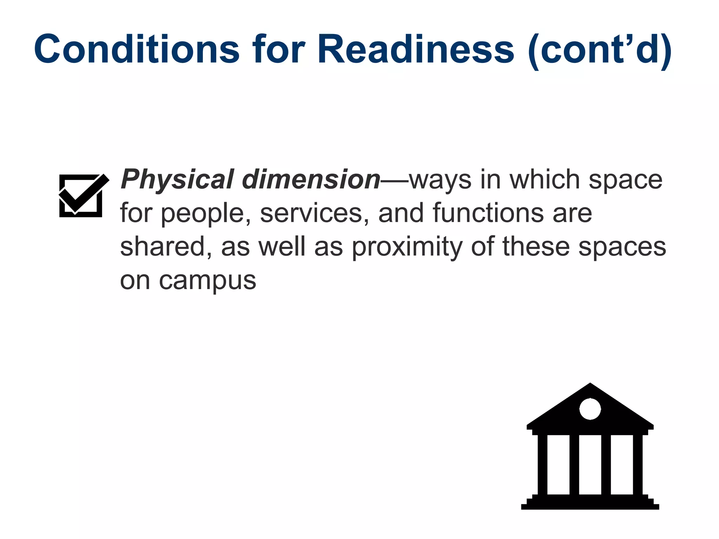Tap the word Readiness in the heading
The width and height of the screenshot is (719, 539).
[x=416, y=49]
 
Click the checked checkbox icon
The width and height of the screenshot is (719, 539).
[x=82, y=195]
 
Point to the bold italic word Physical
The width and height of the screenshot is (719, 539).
[x=177, y=180]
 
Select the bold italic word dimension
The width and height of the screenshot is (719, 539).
[x=311, y=180]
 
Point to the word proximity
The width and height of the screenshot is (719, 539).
[x=407, y=247]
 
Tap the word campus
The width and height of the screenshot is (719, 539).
[x=207, y=281]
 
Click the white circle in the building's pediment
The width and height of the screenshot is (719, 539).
[x=590, y=409]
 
